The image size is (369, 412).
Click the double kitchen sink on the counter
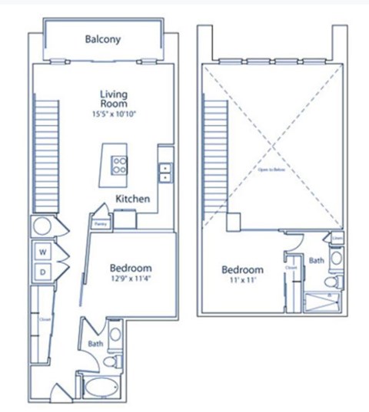(165, 172)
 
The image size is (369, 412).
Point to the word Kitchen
(132, 199)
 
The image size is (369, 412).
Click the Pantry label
(100, 224)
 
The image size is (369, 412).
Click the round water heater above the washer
(42, 227)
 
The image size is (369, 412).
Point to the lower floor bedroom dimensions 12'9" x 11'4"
(130, 280)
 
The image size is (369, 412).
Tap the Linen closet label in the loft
(337, 239)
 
